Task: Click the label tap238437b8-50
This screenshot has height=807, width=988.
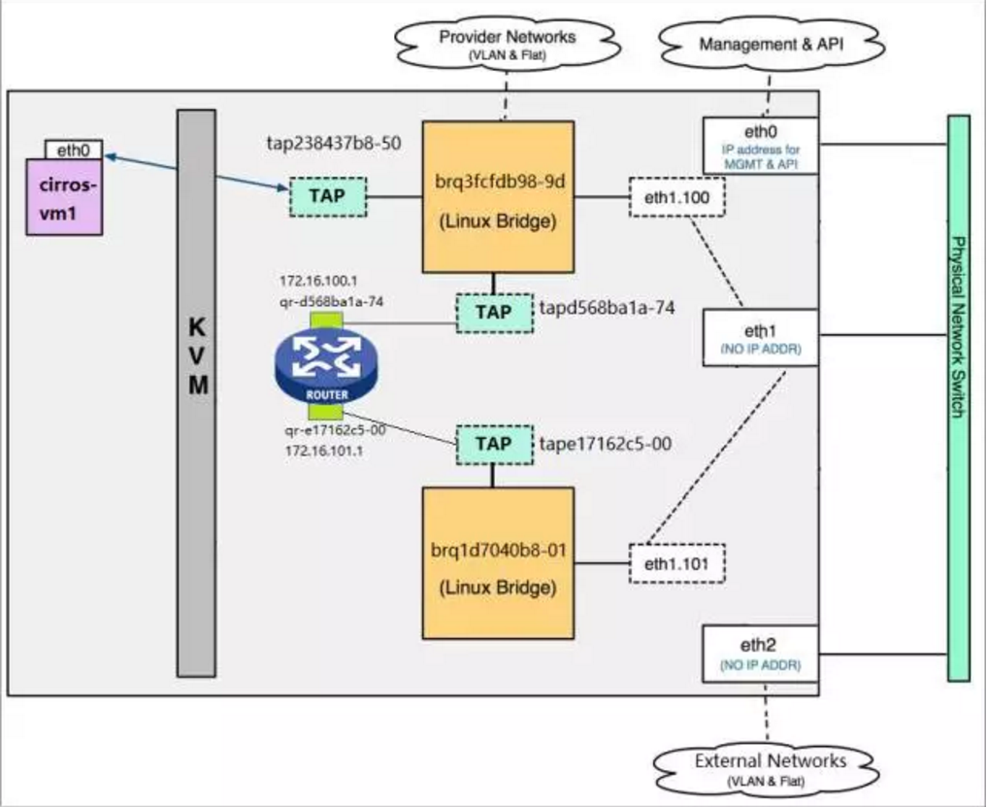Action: [335, 143]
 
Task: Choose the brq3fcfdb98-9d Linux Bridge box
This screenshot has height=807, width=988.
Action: [498, 197]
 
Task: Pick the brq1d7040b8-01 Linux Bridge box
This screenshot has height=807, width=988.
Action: [498, 563]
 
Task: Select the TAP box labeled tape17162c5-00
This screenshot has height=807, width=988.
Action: [493, 444]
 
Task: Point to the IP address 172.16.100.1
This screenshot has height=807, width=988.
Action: [318, 282]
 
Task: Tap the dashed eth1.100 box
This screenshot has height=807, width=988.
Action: [676, 197]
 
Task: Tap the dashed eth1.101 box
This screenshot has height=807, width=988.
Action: [676, 563]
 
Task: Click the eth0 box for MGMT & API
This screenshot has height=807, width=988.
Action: [760, 146]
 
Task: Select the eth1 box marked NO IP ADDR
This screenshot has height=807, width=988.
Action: [760, 338]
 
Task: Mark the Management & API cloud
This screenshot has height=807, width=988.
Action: [771, 43]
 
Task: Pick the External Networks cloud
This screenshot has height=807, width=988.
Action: [771, 765]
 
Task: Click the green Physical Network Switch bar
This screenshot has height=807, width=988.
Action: [958, 398]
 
